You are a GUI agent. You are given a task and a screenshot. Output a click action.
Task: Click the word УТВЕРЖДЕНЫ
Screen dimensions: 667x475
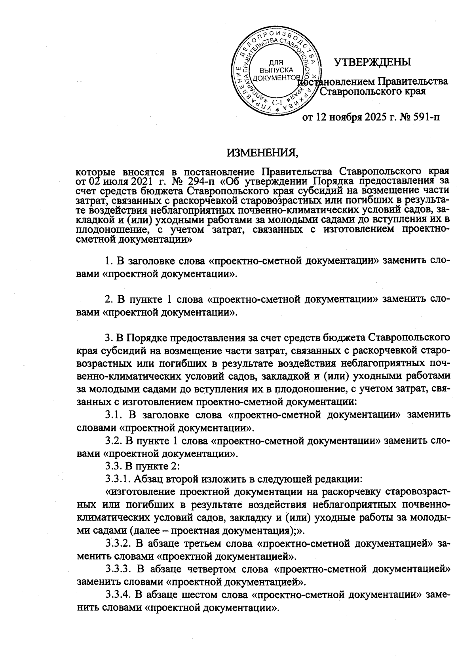[372, 62]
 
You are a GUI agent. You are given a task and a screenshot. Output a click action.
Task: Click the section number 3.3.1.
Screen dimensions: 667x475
[118, 479]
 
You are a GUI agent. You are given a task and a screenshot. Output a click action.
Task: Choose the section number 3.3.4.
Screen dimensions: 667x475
[118, 595]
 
